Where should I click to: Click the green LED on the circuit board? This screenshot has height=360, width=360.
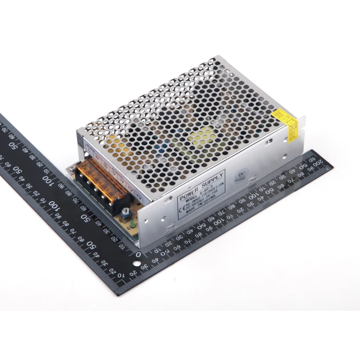[132, 225]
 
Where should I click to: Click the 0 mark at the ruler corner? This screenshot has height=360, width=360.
[138, 255]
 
